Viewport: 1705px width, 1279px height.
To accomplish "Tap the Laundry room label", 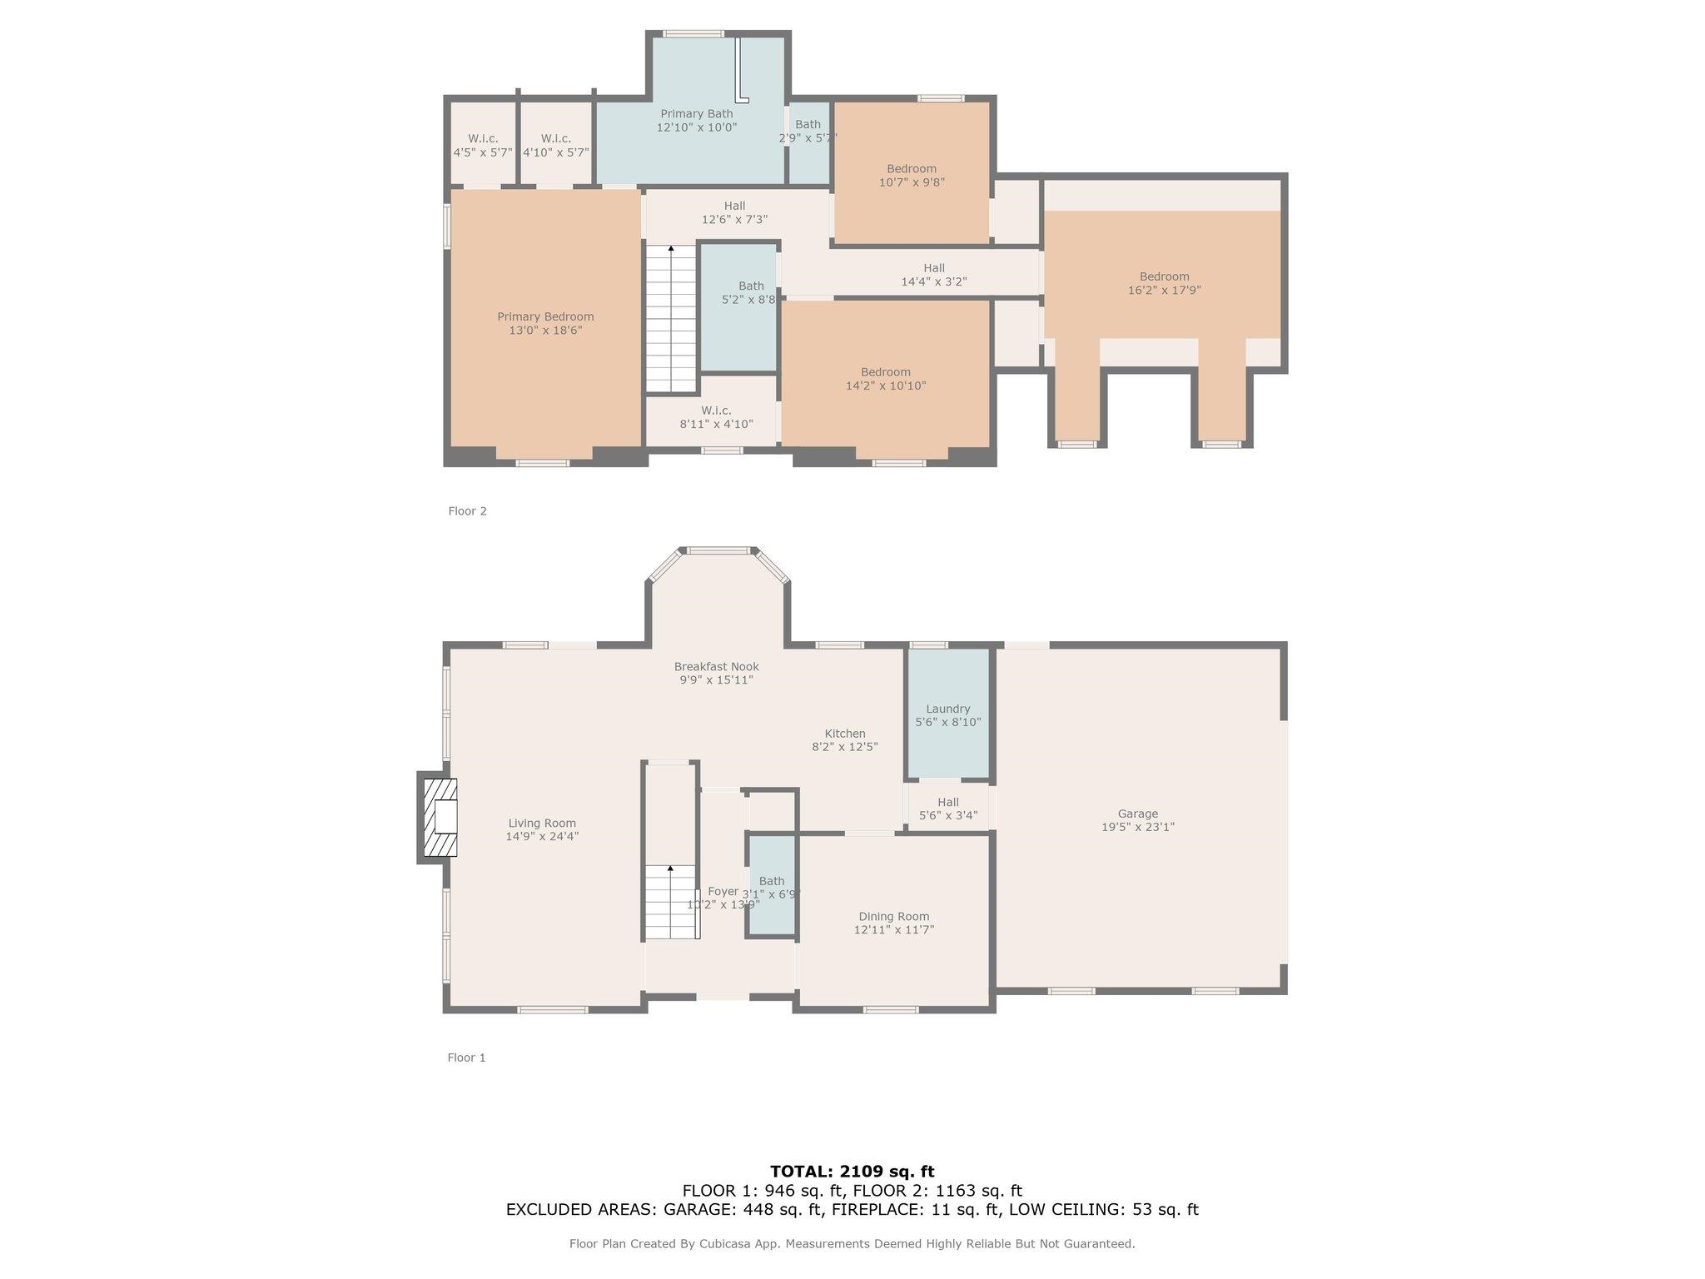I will point(947,709).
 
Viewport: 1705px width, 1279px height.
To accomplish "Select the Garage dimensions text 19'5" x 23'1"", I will point(1137,827).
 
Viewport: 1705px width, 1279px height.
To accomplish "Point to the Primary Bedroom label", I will point(545,316).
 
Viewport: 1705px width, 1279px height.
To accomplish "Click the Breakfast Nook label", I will point(716,666).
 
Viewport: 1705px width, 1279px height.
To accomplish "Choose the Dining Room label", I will point(893,916).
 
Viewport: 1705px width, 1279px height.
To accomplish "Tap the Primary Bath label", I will point(696,113).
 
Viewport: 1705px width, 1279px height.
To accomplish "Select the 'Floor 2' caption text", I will point(467,510).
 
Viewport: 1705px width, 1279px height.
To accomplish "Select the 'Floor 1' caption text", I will point(466,1058).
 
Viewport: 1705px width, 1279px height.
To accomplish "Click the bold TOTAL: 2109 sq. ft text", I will point(852,1171).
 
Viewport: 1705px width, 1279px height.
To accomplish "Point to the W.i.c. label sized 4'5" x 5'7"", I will point(483,138).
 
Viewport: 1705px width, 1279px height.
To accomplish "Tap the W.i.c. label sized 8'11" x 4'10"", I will point(716,411).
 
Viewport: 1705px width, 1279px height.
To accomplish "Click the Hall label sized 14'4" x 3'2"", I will point(933,268).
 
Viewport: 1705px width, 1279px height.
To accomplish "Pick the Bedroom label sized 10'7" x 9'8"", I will point(912,168).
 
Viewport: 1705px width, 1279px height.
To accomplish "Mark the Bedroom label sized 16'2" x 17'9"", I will point(1164,276).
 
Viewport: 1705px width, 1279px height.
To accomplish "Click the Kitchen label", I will point(845,734).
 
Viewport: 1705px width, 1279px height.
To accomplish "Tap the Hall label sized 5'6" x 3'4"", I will point(947,802).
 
